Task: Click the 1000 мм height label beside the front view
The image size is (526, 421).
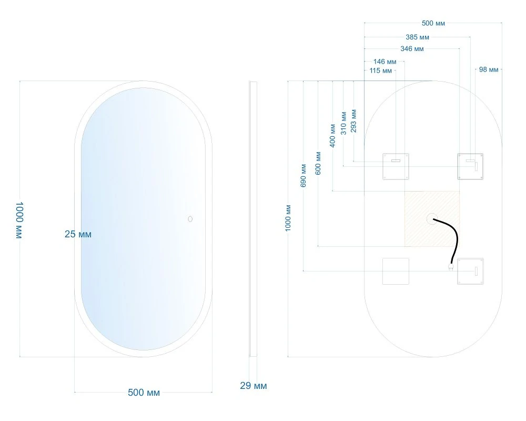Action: [19, 220]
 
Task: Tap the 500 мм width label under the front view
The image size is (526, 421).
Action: [144, 393]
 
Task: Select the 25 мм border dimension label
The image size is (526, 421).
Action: [78, 234]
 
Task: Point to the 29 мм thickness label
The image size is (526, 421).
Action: [254, 386]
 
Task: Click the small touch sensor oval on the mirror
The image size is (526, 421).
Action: [190, 219]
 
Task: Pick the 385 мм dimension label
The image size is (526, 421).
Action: [417, 37]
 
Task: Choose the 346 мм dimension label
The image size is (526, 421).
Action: [412, 49]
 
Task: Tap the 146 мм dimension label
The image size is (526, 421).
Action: [385, 62]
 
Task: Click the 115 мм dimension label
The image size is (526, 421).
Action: [380, 71]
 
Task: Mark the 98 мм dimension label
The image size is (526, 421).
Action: [489, 69]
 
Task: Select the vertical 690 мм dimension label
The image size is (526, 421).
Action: [304, 176]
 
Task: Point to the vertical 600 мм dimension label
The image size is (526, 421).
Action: [318, 163]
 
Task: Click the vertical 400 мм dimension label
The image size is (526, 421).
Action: [332, 136]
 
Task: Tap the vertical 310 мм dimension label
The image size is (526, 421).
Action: [343, 123]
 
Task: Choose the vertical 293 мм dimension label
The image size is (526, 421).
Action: [353, 121]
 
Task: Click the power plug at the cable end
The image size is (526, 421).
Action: [451, 267]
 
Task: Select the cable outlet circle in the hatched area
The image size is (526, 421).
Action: [431, 218]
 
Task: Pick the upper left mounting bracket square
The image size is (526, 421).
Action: [396, 166]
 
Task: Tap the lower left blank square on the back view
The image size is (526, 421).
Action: [396, 271]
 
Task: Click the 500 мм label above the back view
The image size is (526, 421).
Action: [433, 23]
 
